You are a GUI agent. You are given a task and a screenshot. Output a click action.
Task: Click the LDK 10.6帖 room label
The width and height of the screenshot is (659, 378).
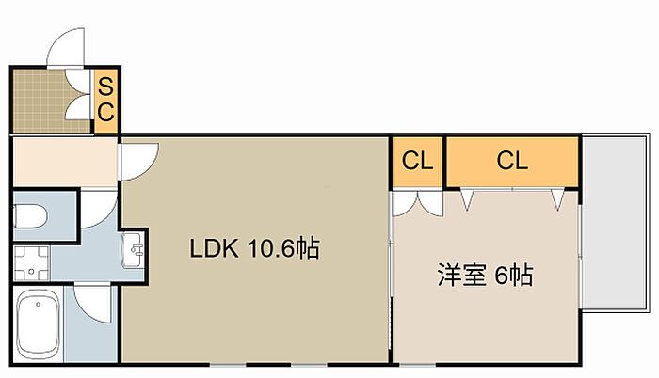click(254, 249)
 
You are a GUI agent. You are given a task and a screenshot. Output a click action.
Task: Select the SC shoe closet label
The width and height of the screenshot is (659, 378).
click(106, 100)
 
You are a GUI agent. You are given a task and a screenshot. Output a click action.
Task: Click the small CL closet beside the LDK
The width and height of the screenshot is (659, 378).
click(417, 161)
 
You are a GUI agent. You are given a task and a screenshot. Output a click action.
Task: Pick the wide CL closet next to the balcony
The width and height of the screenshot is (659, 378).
click(512, 161)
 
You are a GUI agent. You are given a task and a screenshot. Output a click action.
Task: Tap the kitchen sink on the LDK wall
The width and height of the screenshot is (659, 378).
click(134, 248)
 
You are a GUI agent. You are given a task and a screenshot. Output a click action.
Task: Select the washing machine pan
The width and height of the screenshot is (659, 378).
click(32, 263)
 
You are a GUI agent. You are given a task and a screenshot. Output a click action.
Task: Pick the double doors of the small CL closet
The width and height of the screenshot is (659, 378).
click(417, 200)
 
